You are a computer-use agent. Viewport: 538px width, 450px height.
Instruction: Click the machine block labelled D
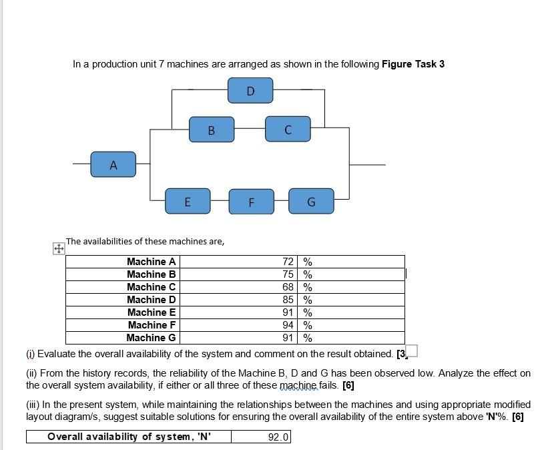pyautogui.click(x=250, y=90)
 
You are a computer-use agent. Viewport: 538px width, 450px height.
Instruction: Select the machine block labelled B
pyautogui.click(x=212, y=130)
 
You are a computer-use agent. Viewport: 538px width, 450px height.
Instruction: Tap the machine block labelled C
pyautogui.click(x=288, y=130)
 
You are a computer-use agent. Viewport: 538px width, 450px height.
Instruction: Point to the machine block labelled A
pyautogui.click(x=113, y=164)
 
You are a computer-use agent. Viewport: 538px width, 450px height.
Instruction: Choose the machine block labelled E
pyautogui.click(x=188, y=200)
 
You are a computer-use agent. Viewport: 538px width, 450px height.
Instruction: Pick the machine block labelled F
pyautogui.click(x=251, y=200)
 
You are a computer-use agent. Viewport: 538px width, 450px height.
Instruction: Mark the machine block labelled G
pyautogui.click(x=311, y=200)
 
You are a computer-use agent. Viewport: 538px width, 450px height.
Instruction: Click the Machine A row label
pyautogui.click(x=151, y=262)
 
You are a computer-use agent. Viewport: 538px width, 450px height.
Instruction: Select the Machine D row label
pyautogui.click(x=151, y=300)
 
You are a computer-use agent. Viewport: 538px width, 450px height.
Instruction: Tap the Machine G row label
pyautogui.click(x=151, y=338)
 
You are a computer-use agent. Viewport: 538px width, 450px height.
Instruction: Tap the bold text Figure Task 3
pyautogui.click(x=413, y=64)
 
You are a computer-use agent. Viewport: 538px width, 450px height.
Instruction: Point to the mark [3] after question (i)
pyautogui.click(x=400, y=353)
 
